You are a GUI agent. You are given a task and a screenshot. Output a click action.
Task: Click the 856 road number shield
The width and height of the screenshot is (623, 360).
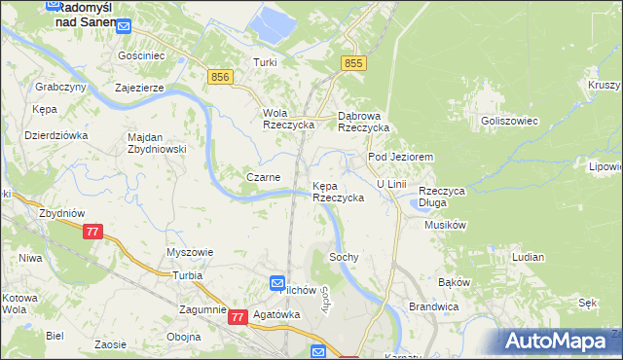pyautogui.click(x=219, y=76)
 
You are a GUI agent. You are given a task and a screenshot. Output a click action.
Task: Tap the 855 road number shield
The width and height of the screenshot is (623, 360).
pyautogui.click(x=353, y=62)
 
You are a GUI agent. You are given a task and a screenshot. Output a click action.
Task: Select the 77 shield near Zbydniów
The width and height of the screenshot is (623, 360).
pyautogui.click(x=92, y=232)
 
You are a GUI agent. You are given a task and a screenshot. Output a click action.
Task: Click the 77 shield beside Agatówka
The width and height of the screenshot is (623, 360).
pyautogui.click(x=238, y=317)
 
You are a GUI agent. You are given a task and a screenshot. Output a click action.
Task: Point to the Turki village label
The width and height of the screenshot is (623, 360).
pyautogui.click(x=266, y=62)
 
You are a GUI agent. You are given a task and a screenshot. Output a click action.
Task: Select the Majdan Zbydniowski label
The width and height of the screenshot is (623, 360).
pyautogui.click(x=157, y=143)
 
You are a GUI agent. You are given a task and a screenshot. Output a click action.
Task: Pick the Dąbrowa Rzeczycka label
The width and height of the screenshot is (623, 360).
pyautogui.click(x=363, y=121)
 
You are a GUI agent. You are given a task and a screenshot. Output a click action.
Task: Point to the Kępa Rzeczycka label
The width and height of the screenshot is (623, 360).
pyautogui.click(x=338, y=191)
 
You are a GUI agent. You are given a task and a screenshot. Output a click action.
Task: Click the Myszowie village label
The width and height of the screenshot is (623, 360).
pyautogui.click(x=190, y=251)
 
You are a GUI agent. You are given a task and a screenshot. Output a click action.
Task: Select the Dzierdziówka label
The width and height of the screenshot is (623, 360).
pyautogui.click(x=56, y=135)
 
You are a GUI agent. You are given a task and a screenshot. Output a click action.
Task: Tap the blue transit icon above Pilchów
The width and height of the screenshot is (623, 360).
pyautogui.click(x=276, y=281)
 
